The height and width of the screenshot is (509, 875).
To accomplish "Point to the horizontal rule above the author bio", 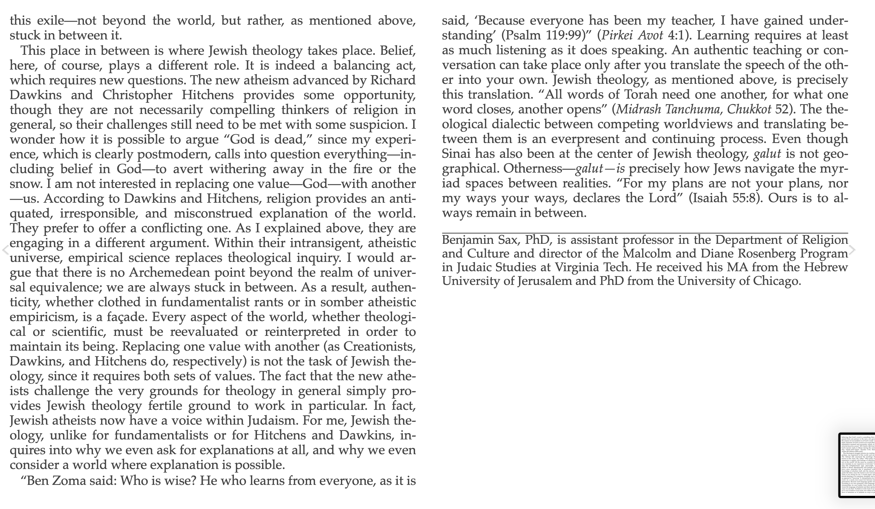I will pyautogui.click(x=645, y=233).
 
